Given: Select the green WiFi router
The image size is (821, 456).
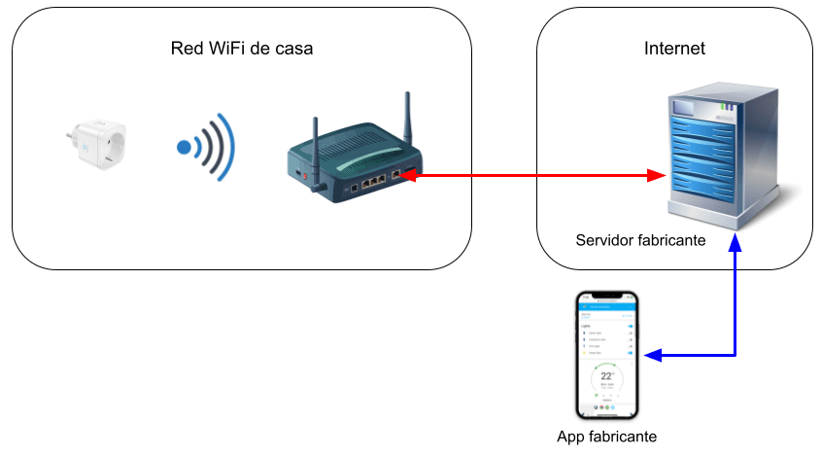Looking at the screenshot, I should click(356, 160).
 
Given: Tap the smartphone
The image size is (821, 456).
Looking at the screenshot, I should click(608, 354).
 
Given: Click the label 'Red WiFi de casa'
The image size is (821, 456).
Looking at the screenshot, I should click(242, 49).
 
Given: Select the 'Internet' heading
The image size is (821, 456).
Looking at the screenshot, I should click(674, 49).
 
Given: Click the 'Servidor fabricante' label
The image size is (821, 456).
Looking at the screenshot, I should click(640, 240).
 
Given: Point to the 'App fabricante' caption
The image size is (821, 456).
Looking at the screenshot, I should click(607, 437).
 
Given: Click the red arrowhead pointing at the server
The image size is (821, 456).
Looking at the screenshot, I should click(658, 176).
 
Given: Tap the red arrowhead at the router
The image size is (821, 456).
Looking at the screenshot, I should click(408, 176).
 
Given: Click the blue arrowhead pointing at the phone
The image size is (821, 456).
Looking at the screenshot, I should click(653, 356).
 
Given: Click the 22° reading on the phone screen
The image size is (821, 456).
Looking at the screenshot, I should click(608, 375).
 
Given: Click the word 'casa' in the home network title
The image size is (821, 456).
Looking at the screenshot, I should click(293, 49).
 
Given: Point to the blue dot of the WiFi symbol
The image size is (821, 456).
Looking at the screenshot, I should click(184, 148).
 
